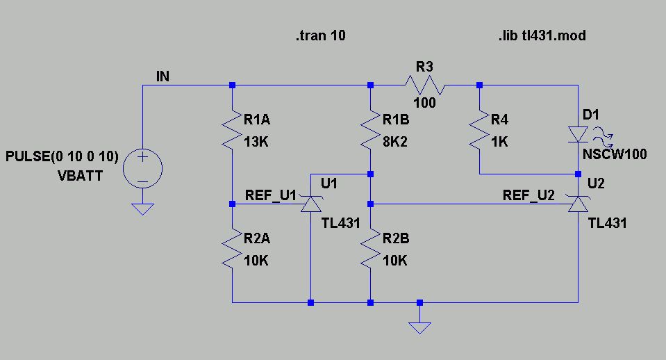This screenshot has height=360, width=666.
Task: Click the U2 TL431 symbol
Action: click(578, 204)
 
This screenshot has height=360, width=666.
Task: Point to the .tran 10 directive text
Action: click(320, 35)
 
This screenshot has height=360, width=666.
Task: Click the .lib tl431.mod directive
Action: click(542, 35)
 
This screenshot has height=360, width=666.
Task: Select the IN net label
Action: click(163, 76)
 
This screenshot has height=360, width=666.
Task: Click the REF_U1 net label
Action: click(271, 195)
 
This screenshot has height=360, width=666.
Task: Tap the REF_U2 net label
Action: click(528, 195)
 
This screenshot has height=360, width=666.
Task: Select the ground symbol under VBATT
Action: click(142, 208)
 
